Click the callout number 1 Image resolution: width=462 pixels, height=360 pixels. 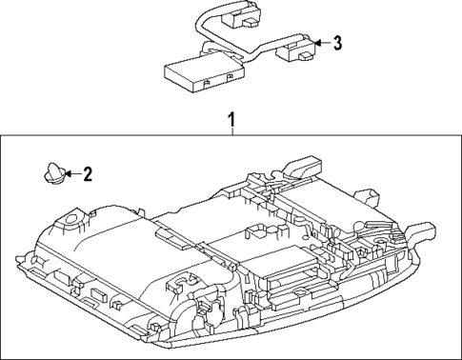[230, 121]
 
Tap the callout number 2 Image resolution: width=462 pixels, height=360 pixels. [87, 173]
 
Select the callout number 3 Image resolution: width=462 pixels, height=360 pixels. [336, 43]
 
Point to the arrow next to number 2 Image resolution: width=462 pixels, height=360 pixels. [68, 173]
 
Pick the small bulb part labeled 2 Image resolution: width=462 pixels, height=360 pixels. [50, 173]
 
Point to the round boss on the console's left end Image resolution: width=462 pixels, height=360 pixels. [68, 225]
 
